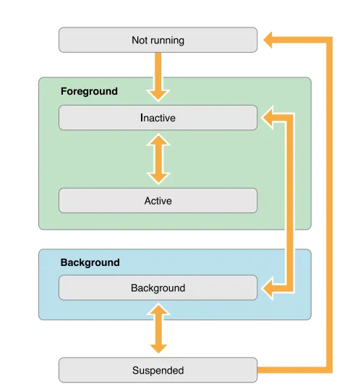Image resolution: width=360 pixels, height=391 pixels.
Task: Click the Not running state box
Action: point(158,40)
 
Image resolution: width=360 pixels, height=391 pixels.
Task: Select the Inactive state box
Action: point(158,118)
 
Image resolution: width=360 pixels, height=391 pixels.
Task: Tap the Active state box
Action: point(158,200)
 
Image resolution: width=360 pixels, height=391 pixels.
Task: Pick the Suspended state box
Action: point(158,370)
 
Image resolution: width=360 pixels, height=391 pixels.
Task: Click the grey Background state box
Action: point(158,288)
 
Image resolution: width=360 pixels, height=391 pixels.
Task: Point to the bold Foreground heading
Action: point(89,91)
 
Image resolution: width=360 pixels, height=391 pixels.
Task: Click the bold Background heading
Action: point(90,262)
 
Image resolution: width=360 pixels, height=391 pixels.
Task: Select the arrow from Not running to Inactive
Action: point(158,77)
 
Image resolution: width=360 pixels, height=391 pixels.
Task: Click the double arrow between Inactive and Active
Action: point(158,159)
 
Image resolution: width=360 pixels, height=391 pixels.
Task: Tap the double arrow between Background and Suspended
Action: point(158,328)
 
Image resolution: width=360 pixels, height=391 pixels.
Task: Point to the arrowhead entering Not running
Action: point(267,40)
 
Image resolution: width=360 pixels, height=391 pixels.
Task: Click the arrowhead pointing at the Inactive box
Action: point(267,118)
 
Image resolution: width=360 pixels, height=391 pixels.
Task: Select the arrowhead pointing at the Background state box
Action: point(267,288)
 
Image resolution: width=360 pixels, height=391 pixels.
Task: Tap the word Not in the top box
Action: point(139,40)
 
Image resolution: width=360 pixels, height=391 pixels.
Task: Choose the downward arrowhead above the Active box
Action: point(158,179)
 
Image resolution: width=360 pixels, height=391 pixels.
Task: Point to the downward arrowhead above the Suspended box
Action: point(158,348)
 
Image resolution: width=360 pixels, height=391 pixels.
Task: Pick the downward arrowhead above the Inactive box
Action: point(158,95)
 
